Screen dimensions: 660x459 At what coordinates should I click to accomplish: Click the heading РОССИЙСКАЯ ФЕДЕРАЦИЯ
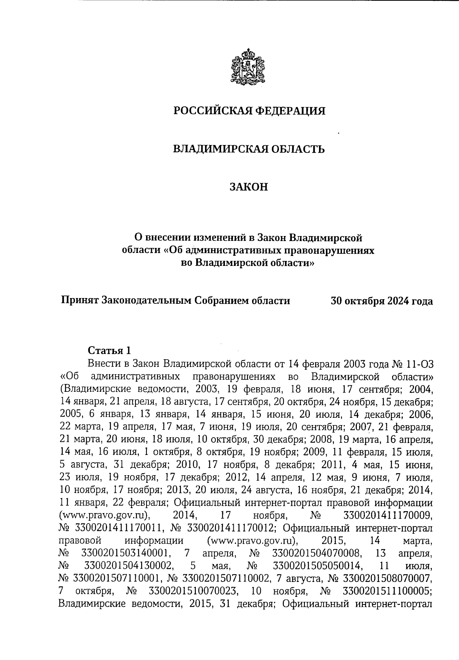[249, 111]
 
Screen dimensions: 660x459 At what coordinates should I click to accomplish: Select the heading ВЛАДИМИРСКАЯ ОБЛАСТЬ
[249, 149]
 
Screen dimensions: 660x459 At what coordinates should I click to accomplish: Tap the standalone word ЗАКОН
[249, 187]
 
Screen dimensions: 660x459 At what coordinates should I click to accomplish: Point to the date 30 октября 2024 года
[382, 301]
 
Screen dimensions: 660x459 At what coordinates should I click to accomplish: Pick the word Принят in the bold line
[80, 301]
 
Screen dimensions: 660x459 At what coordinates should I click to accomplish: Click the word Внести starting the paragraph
[103, 363]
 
